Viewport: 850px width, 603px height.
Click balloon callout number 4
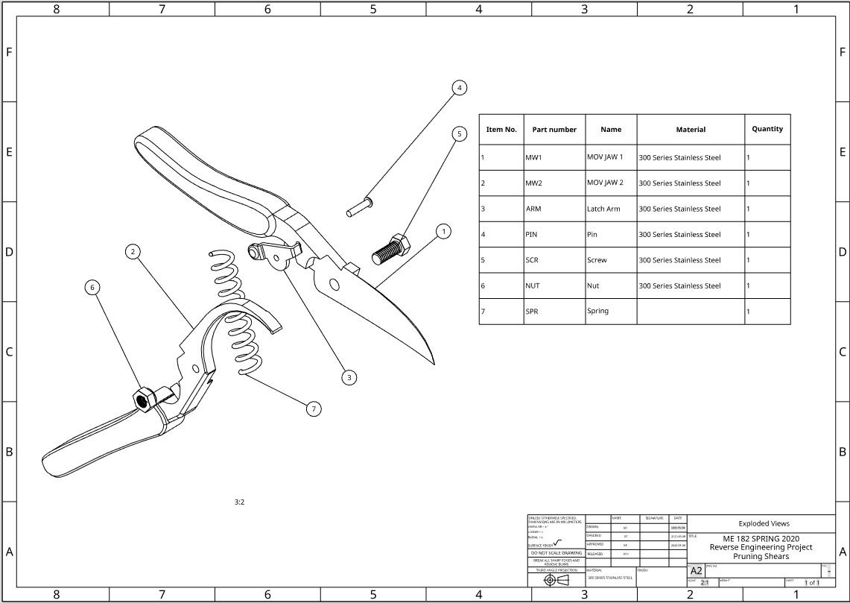coord(460,88)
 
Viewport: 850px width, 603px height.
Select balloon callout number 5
coord(460,134)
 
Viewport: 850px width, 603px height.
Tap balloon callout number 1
coord(444,232)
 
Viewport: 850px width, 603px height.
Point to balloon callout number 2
coord(133,252)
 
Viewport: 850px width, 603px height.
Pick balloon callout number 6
coord(92,287)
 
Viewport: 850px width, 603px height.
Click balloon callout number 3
coord(349,378)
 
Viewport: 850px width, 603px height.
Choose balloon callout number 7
coord(314,408)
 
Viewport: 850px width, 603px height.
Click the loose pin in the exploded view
coord(360,206)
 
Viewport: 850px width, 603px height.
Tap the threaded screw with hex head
coord(388,249)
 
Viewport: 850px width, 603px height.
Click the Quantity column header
coord(767,129)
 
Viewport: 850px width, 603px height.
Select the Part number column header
coord(554,130)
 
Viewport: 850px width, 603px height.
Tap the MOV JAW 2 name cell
coord(605,183)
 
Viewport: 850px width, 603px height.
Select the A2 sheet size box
coord(696,571)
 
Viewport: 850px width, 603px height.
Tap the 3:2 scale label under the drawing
coord(239,502)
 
